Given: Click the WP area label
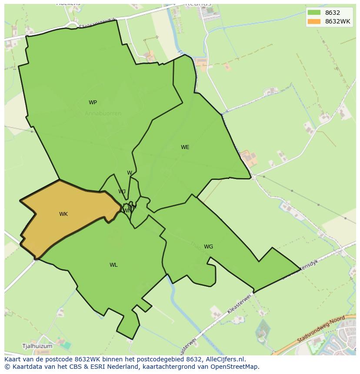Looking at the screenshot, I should point(93,103).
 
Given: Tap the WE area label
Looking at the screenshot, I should point(185,147).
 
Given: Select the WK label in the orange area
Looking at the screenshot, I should point(63,214).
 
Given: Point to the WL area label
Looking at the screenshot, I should point(113,265).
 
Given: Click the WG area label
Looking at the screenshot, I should point(208,247).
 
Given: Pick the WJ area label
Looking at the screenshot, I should point(122,192).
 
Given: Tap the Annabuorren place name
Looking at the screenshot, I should point(103,113).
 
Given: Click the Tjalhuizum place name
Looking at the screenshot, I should point(37,346).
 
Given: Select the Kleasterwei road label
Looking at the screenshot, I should point(239,303).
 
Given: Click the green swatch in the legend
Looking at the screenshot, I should point(314,13).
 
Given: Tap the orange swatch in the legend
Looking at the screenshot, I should point(314,21).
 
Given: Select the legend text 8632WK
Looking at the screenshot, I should point(337,21).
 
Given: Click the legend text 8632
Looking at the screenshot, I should point(333,13).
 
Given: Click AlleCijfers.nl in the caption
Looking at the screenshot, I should point(225,359).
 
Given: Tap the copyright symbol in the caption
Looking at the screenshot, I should point(7,366).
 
